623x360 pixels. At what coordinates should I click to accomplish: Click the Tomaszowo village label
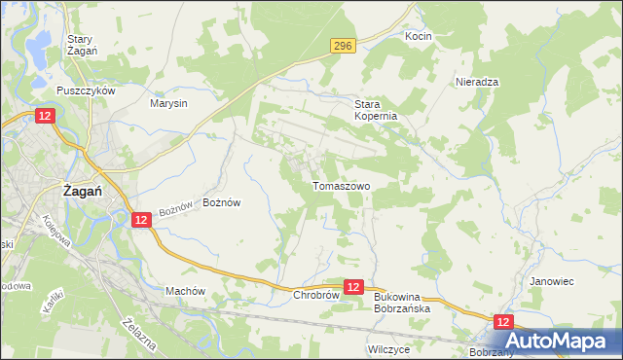tap(341, 185)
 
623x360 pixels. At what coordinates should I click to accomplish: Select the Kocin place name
tap(419, 36)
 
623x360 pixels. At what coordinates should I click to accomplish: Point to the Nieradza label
tap(477, 83)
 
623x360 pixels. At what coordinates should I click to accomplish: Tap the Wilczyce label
tap(387, 347)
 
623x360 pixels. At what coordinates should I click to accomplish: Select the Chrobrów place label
tap(315, 294)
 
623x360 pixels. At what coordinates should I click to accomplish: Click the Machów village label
tap(185, 291)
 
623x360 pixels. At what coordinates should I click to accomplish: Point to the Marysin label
tap(168, 102)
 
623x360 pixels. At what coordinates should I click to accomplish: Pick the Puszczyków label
tap(87, 90)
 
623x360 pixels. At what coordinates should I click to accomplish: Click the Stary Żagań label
tap(79, 46)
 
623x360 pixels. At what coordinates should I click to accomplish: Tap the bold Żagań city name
tap(84, 192)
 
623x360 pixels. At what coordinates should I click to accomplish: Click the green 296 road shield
tap(342, 45)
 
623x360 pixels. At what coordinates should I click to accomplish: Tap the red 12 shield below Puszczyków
tap(46, 116)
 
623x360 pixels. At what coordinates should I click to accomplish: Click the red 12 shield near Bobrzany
tap(502, 321)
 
